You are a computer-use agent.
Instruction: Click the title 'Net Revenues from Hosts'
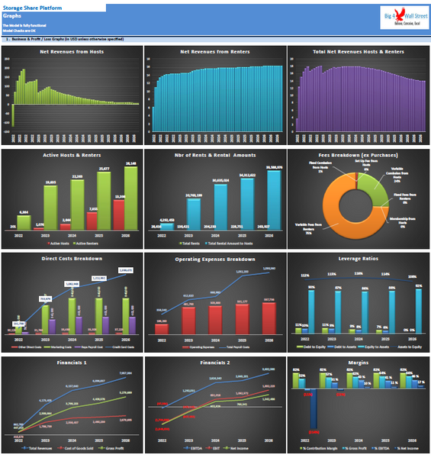pyautogui.click(x=72, y=51)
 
